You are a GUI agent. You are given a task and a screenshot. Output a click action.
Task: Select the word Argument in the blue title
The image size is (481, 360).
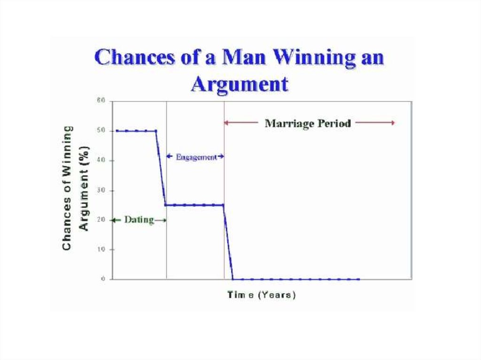point(240,84)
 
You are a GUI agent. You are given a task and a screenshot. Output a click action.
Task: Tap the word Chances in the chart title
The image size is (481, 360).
point(135,57)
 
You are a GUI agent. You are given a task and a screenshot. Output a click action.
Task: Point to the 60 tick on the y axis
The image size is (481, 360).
point(101,100)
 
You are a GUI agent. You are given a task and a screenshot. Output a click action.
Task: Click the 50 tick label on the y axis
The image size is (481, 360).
point(101,130)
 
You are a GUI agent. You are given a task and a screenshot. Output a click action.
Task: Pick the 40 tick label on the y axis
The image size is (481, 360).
point(101,160)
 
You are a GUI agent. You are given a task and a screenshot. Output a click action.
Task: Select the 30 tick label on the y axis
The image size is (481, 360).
point(101,190)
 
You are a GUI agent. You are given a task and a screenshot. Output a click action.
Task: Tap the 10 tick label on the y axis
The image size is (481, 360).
point(101,249)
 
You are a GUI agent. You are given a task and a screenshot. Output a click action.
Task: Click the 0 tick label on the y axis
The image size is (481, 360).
point(103,279)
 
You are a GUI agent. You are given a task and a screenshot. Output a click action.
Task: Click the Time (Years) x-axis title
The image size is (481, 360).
point(261,295)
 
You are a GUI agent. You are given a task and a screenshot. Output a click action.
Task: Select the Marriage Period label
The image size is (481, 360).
point(308,123)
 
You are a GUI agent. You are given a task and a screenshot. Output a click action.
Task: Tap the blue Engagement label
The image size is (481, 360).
point(196,157)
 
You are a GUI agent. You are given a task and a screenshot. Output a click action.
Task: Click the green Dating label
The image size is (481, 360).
point(139,220)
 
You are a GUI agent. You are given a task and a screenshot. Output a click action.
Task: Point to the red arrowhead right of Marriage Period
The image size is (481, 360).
point(393,123)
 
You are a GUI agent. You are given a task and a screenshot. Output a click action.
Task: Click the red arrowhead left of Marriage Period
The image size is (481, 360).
point(226,123)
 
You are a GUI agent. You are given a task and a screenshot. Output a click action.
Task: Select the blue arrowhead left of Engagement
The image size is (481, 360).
point(169,156)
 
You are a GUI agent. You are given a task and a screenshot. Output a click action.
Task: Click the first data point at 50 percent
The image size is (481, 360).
point(117,131)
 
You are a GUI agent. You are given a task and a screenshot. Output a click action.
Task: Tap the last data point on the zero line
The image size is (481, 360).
point(358,279)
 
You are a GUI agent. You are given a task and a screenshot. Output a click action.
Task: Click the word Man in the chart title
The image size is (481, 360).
point(244,57)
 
